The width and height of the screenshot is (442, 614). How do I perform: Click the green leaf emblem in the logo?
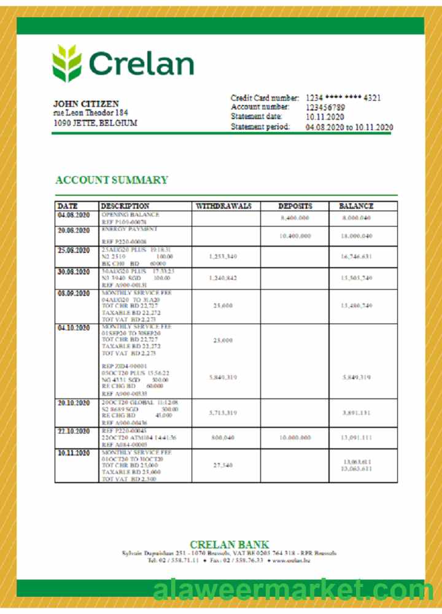point(66,63)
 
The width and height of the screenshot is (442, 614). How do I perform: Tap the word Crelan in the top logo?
point(141,64)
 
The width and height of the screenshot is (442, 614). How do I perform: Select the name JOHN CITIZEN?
point(86,104)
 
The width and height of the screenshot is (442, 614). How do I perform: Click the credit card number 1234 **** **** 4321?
point(343,98)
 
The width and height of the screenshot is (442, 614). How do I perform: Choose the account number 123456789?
point(325,107)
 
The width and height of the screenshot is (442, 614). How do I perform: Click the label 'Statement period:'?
point(260,127)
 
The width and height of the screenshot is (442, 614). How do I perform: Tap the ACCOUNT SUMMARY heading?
point(112,180)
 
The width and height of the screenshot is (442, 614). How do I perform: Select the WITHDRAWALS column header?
point(223,206)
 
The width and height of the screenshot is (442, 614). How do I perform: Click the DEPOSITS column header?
point(295,206)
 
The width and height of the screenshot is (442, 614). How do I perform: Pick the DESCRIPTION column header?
point(125,206)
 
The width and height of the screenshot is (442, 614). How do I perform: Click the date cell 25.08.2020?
point(74,251)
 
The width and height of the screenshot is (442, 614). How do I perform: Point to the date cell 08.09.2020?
point(74,293)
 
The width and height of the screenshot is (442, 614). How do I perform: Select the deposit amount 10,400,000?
point(295,236)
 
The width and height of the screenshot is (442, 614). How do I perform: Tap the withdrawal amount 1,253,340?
point(223,256)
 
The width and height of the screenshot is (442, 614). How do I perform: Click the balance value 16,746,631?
point(357,256)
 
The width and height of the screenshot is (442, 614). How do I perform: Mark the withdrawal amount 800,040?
point(223,438)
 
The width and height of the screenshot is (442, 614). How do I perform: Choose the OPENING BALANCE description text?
point(130,215)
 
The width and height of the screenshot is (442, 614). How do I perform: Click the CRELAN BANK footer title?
point(229,544)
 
